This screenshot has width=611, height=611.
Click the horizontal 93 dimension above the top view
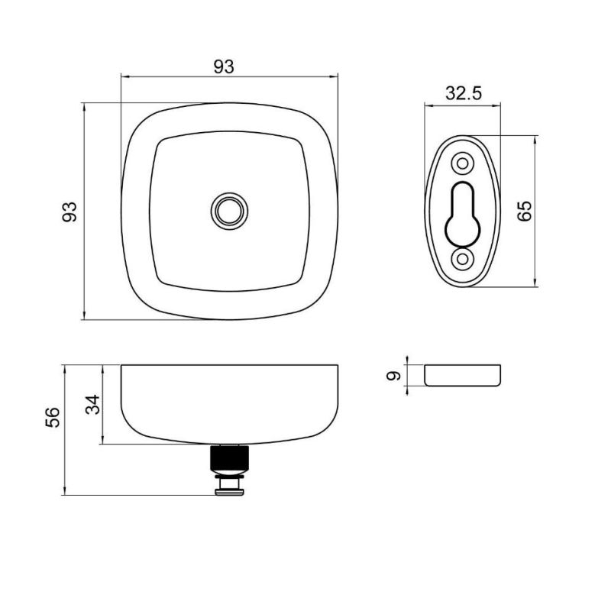224,67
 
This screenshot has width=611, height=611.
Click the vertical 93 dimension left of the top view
70,212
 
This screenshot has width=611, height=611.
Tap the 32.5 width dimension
464,93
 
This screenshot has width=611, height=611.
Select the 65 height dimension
525,211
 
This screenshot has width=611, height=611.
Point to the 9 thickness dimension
393,376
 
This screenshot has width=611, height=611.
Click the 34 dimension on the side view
92,405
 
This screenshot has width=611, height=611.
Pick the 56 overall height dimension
53,417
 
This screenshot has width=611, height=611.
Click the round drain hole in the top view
230,212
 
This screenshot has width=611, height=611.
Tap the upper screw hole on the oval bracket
463,163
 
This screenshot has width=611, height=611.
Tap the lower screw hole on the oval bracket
463,259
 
